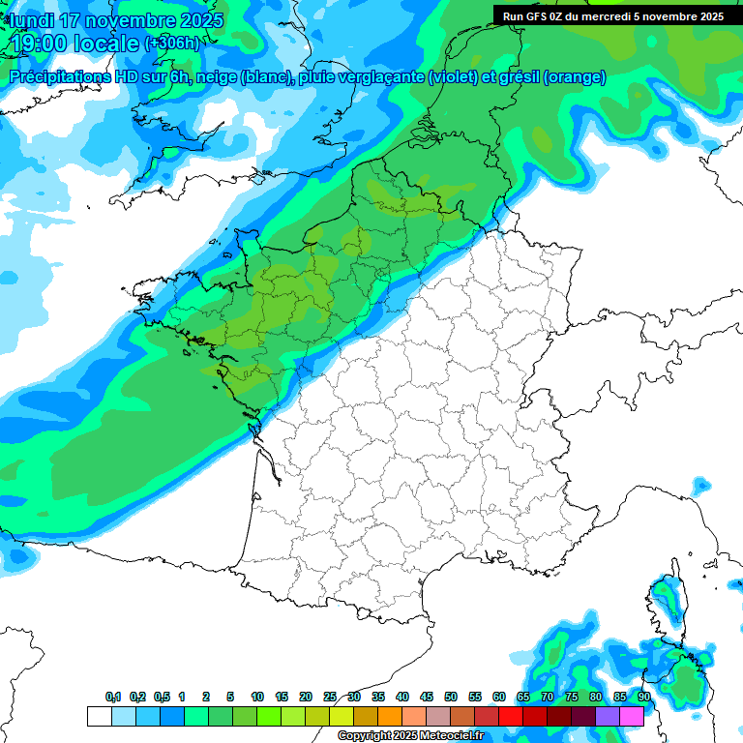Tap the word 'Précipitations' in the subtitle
59,77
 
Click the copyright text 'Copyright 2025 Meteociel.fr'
410,736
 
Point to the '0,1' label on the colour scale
113,697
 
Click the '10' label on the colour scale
257,697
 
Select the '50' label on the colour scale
451,697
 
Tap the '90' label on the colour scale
644,697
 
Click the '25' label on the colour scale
330,697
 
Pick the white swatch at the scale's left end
99,716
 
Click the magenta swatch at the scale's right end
632,716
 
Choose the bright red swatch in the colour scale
511,716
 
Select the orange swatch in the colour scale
390,716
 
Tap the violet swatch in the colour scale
608,716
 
